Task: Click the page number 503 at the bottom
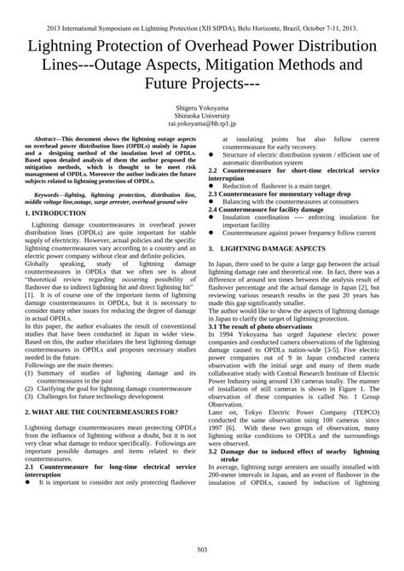pyautogui.click(x=202, y=547)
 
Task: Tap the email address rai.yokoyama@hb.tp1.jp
pyautogui.click(x=202, y=127)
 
